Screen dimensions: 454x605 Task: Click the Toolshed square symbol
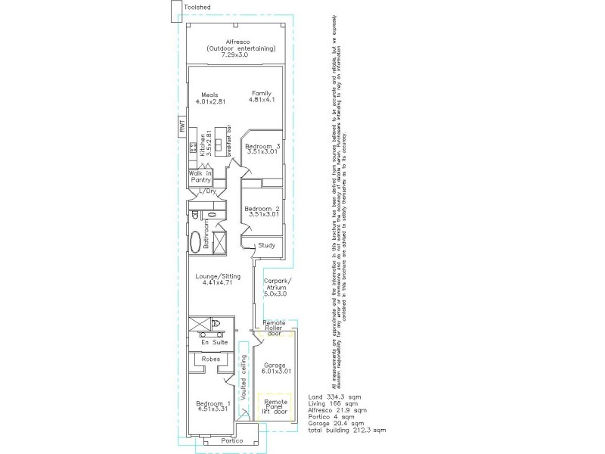(x=176, y=8)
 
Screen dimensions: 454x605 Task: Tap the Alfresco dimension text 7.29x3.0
(x=234, y=55)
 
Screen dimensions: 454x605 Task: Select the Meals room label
(x=209, y=95)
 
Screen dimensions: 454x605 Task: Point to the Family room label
(x=262, y=93)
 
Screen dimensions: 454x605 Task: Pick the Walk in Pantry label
(x=200, y=178)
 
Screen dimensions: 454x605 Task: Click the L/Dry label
(x=206, y=191)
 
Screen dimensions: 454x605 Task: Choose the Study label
(x=266, y=245)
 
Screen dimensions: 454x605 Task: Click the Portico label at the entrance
(x=231, y=440)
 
